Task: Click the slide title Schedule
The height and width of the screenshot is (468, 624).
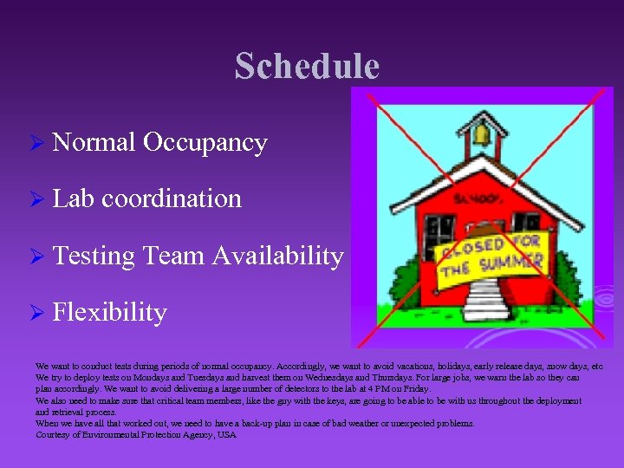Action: pos(307,67)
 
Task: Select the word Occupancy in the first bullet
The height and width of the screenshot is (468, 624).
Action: pos(205,142)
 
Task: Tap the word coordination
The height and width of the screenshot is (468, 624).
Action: pos(172,198)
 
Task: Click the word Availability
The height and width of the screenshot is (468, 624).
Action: pos(277,256)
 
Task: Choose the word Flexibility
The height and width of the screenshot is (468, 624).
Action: pos(109,312)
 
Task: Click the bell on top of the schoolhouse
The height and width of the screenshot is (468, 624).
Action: pos(481,134)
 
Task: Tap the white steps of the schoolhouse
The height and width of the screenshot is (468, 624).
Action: pos(484,299)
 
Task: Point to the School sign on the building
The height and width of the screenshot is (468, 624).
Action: pos(475,200)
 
